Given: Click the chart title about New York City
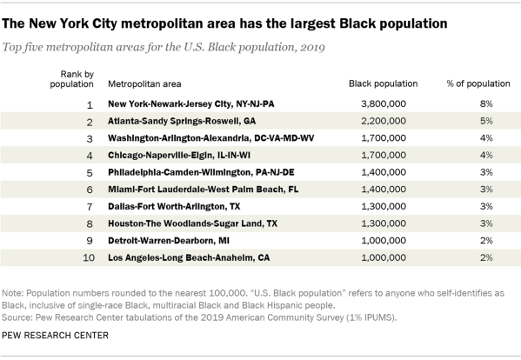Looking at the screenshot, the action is (x=224, y=23).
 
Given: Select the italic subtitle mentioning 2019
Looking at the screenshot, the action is (x=164, y=47).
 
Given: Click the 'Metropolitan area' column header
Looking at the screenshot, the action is (x=144, y=84).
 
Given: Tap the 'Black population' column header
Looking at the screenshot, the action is (x=383, y=83).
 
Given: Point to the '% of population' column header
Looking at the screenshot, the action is (x=478, y=83).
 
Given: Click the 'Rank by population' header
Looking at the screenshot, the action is (x=72, y=79).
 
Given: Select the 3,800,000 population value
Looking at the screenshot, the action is (x=384, y=104).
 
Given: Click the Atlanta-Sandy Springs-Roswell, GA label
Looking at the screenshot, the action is (x=182, y=121).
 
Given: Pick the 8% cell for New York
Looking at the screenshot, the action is (x=486, y=104).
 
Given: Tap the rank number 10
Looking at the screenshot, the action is (x=89, y=257).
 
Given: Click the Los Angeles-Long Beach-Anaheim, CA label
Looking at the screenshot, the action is (x=189, y=257).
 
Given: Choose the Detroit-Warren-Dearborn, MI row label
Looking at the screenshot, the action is (x=169, y=241).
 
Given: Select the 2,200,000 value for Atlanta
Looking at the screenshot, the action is (x=384, y=121).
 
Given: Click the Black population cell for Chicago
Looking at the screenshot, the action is (x=384, y=155).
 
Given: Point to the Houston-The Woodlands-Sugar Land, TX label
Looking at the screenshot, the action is (x=192, y=223).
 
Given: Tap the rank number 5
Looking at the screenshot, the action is (x=90, y=173).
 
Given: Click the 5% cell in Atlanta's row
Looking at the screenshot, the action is (x=486, y=121).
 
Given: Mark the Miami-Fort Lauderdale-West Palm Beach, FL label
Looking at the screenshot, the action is (x=203, y=190).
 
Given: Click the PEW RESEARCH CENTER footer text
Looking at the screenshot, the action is (x=55, y=336).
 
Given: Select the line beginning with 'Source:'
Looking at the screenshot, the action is (x=199, y=317).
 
